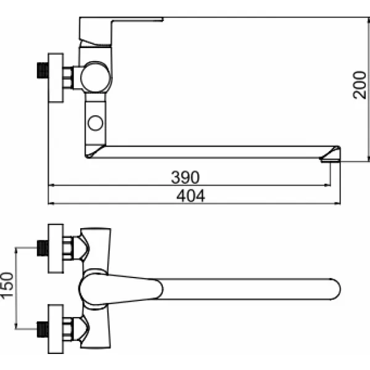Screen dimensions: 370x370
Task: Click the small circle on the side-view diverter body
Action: [x=96, y=121]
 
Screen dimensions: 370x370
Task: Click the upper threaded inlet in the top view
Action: [x=42, y=248]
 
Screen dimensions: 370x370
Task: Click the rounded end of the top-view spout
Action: [x=333, y=289]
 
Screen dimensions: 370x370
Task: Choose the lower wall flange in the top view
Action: [x=57, y=327]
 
